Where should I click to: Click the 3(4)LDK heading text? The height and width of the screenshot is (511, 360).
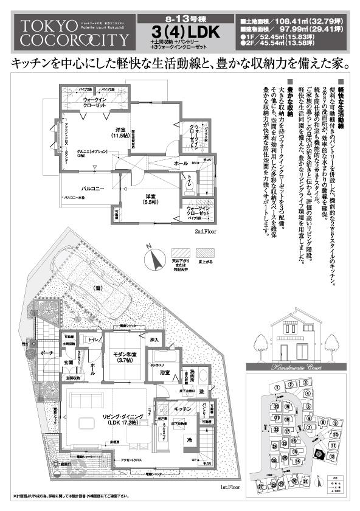tap(181, 30)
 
